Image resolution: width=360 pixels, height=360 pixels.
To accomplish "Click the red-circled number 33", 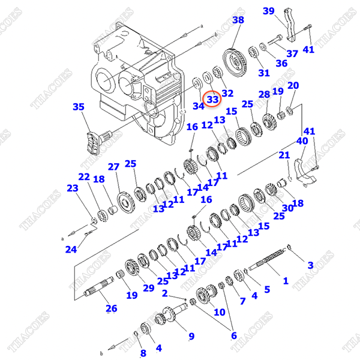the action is click(213, 99).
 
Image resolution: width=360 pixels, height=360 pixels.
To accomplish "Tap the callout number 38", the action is click(238, 20).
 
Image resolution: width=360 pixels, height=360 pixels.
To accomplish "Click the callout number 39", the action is click(268, 11).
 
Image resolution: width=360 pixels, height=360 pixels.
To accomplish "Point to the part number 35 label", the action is click(79, 107).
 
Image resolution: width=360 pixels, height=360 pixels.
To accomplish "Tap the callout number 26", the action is click(112, 309).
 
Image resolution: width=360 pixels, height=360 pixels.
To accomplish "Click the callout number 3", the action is click(310, 265).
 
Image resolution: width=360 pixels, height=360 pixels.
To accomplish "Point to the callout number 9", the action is click(191, 336).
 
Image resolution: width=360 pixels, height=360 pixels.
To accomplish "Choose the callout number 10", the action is click(219, 312).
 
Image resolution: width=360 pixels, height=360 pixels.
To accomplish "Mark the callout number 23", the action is click(72, 188).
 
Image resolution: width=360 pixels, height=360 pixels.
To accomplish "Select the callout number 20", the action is click(293, 86).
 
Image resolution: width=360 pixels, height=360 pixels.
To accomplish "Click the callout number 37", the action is click(292, 53).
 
